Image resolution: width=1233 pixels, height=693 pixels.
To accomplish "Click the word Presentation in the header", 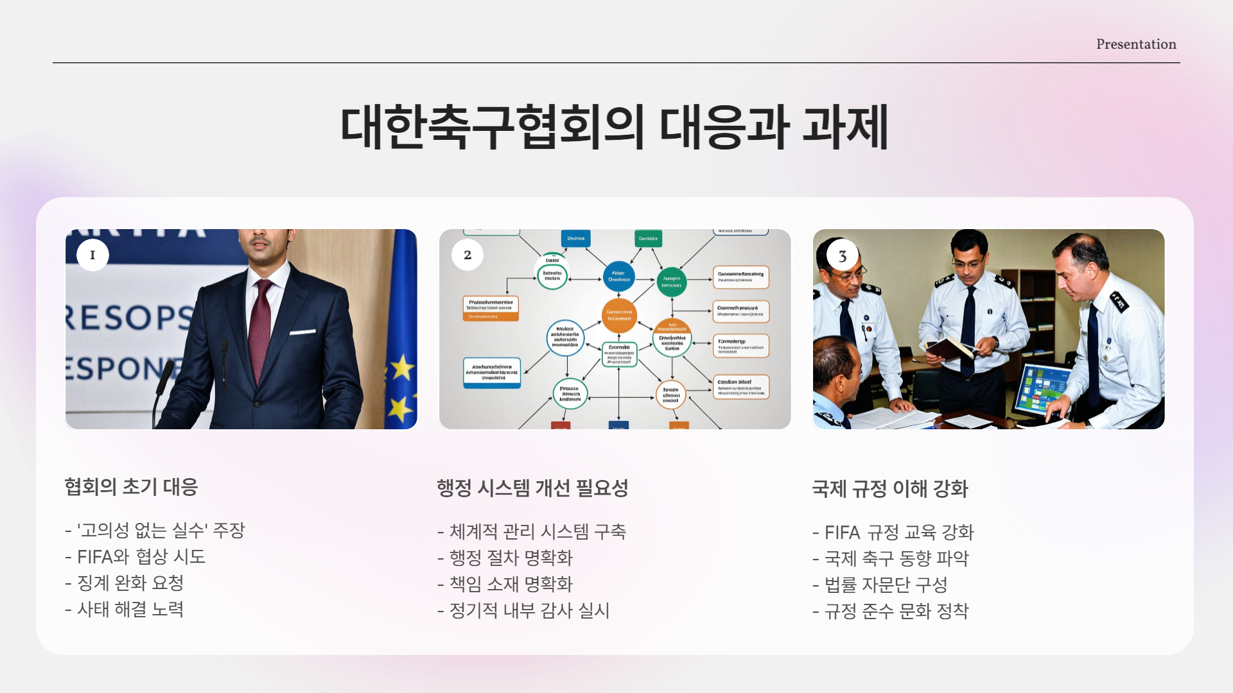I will (x=1135, y=44).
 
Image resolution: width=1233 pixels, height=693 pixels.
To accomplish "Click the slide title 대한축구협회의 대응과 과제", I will (x=615, y=127).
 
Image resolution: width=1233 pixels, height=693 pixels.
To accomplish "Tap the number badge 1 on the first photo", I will (x=92, y=255).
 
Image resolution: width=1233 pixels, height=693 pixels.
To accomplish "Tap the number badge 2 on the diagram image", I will (x=468, y=255).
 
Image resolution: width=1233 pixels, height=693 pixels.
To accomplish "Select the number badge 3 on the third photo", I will (x=842, y=256).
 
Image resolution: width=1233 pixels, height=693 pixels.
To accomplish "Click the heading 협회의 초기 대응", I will (x=131, y=487).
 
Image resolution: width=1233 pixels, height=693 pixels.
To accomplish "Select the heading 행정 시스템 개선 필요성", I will (x=532, y=488).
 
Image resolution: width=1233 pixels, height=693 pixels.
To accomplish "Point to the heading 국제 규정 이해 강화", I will (x=889, y=489).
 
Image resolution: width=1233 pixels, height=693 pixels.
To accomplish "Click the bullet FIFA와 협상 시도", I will (x=135, y=557).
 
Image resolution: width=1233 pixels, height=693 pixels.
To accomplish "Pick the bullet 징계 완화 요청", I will (x=125, y=583).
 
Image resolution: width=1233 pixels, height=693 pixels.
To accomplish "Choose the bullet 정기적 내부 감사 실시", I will (x=523, y=611).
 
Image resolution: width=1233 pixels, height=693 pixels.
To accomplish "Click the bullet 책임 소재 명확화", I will (x=505, y=585).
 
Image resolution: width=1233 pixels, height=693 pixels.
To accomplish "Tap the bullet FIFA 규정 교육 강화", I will (x=893, y=533).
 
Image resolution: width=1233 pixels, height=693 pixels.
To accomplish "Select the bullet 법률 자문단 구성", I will (x=880, y=585).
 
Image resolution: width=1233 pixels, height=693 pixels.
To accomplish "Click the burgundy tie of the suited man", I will (x=260, y=327).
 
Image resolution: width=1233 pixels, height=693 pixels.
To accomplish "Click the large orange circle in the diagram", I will (x=619, y=315).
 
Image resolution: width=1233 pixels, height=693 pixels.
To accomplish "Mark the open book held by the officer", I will (x=949, y=348).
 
